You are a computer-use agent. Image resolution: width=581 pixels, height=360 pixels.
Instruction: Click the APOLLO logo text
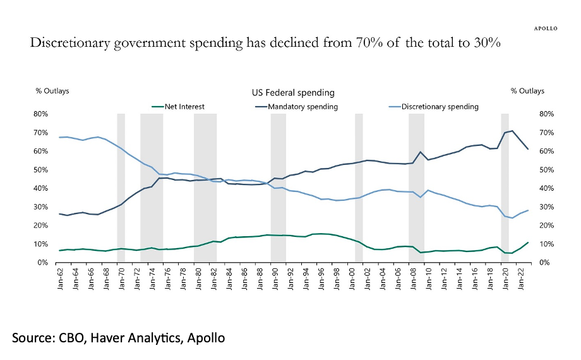coord(545,28)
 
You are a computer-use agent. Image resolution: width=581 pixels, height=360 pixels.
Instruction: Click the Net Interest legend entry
coord(184,107)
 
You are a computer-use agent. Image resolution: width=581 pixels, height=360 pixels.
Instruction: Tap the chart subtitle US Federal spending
coord(289,93)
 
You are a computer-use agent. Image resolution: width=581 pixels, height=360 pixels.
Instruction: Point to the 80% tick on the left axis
coord(40,114)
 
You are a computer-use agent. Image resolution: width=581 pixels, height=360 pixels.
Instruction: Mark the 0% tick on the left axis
coord(42,263)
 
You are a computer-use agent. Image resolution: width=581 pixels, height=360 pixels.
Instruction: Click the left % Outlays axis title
coord(52,91)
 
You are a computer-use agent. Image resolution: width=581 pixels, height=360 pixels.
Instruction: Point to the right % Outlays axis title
coord(527,91)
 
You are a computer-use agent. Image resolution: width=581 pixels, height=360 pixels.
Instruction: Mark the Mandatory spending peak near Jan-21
coord(512,131)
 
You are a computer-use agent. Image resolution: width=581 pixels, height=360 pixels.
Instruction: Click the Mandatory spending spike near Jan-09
coord(421,152)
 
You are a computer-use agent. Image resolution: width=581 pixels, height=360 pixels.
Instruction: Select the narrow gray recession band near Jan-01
coord(359,188)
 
